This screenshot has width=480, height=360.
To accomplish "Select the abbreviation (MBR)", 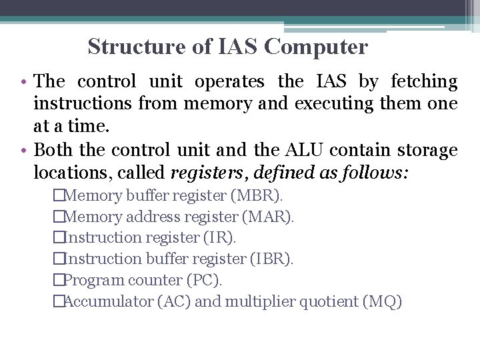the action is coord(257,196).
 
